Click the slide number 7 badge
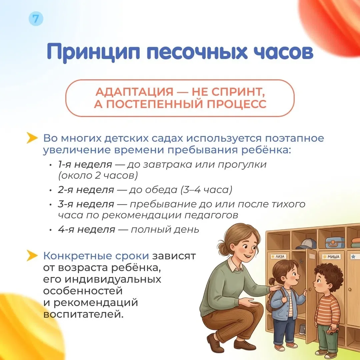pyautogui.click(x=36, y=19)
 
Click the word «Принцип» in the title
pyautogui.click(x=93, y=52)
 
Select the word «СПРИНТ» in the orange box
pyautogui.click(x=237, y=92)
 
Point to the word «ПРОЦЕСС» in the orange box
pyautogui.click(x=236, y=104)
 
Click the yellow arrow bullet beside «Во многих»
pyautogui.click(x=32, y=138)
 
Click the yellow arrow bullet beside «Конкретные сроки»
pyautogui.click(x=32, y=256)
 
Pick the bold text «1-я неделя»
pyautogui.click(x=85, y=164)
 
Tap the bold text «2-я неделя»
pyautogui.click(x=86, y=190)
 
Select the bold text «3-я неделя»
pyautogui.click(x=86, y=204)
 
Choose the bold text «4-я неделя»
pyautogui.click(x=86, y=229)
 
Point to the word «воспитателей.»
pyautogui.click(x=83, y=314)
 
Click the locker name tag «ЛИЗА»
pyautogui.click(x=278, y=256)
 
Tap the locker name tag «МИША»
pyautogui.click(x=332, y=256)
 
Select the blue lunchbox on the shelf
pyautogui.click(x=335, y=242)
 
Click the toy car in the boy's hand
pyautogui.click(x=332, y=331)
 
